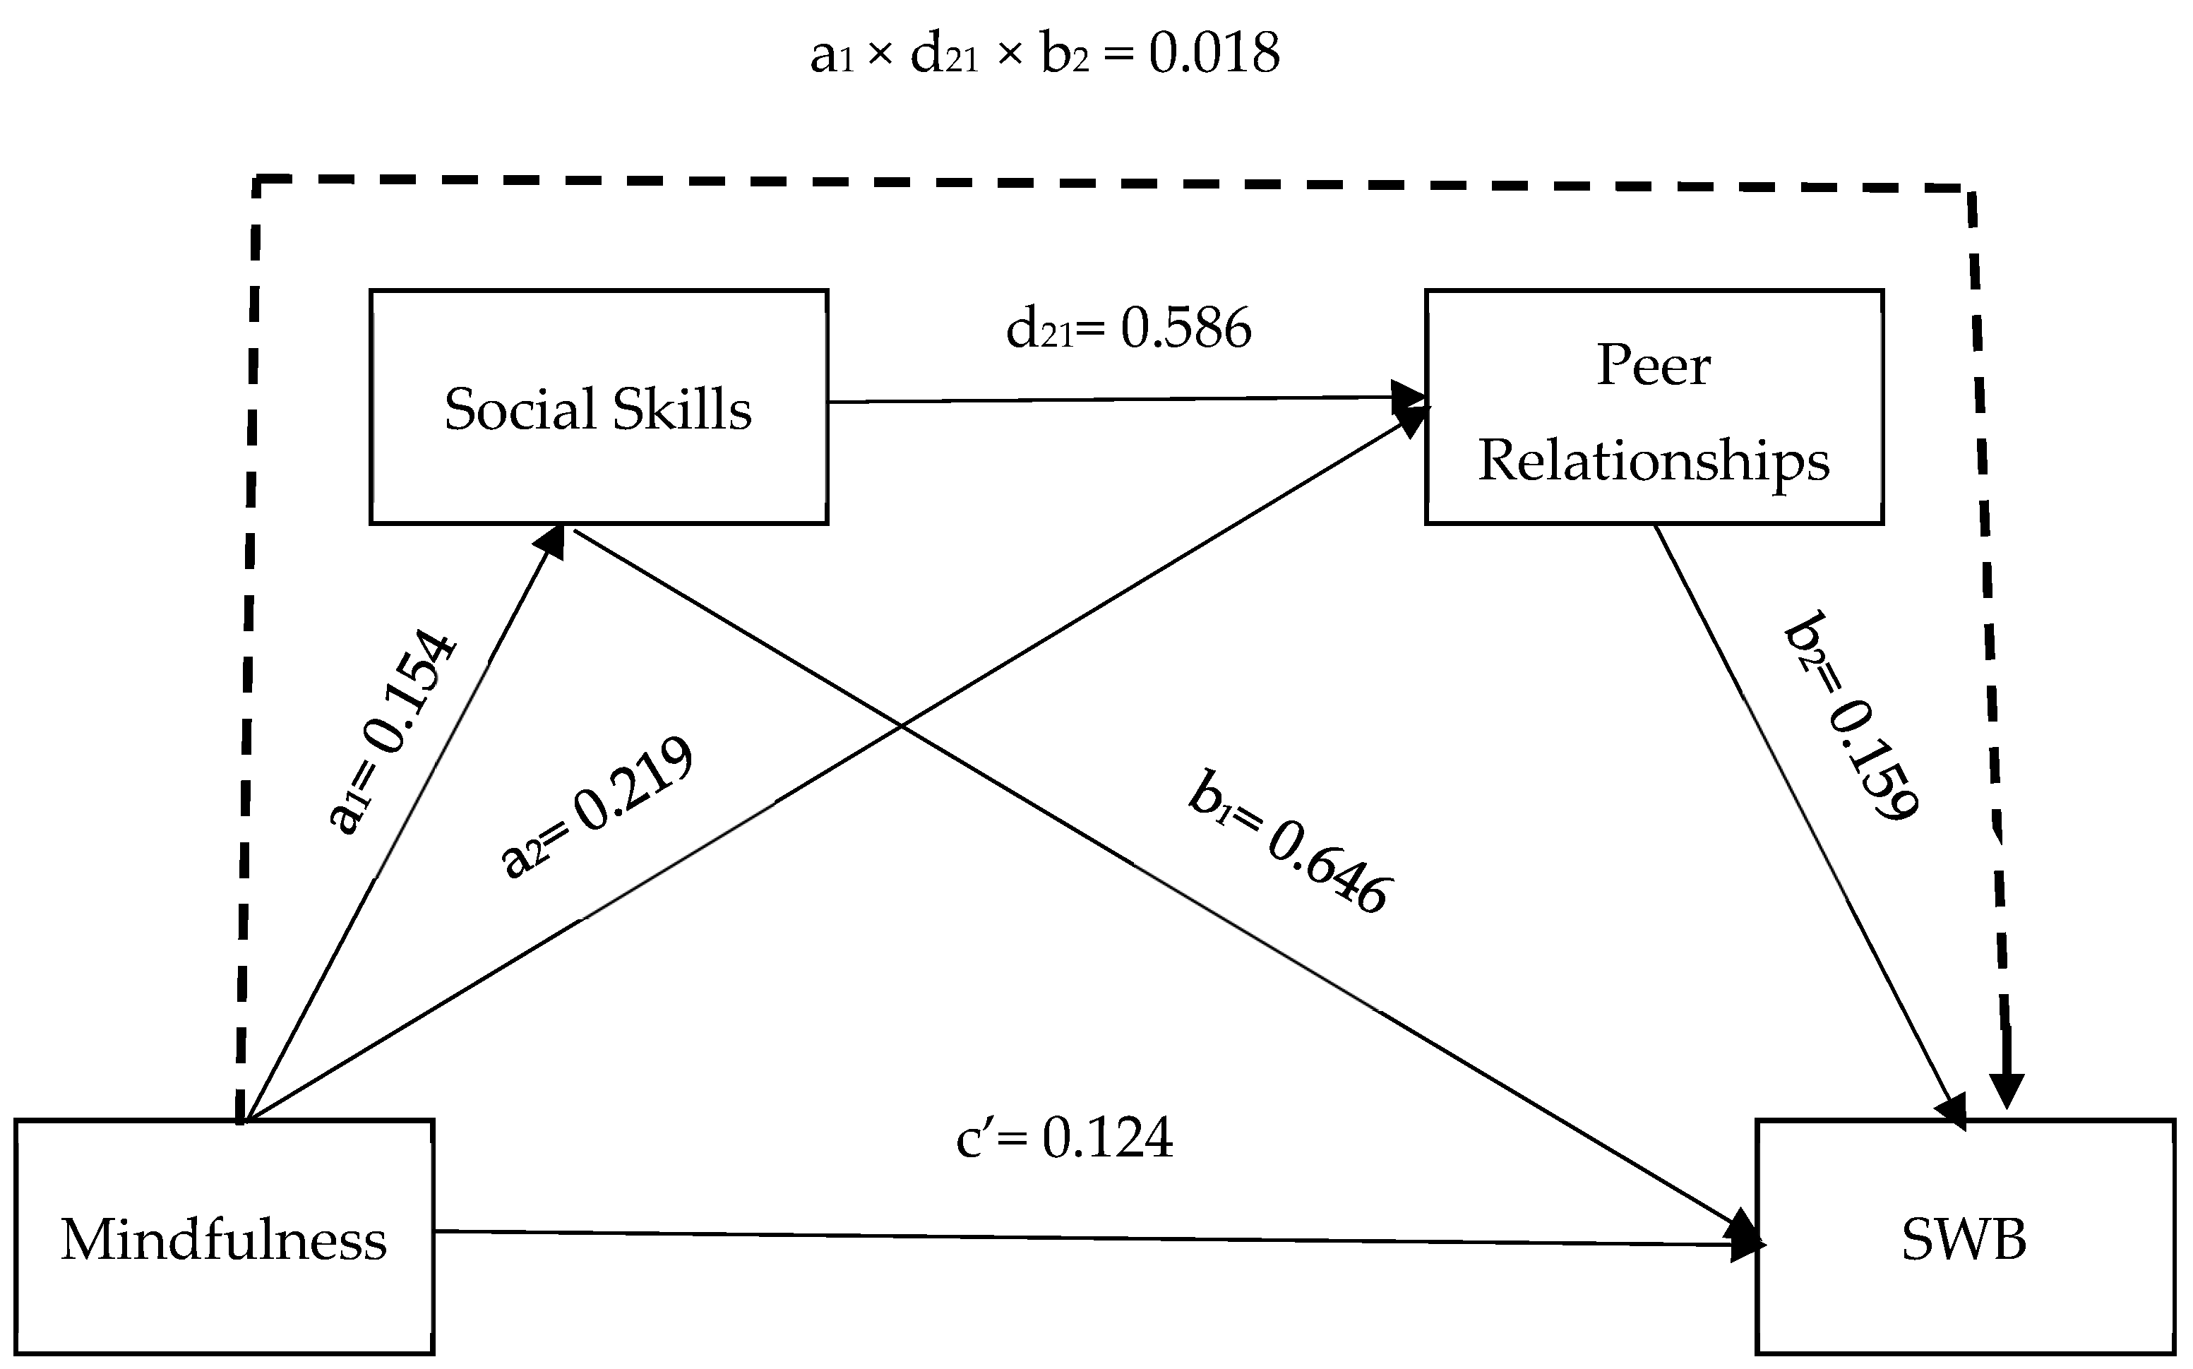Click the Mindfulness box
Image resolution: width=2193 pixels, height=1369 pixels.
coord(224,1237)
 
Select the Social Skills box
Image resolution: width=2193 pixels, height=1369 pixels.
coord(599,407)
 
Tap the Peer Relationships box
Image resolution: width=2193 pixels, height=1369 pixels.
coord(1654,407)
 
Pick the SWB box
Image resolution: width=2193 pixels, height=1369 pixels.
coord(1964,1237)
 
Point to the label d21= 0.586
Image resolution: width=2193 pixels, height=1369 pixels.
coord(1128,329)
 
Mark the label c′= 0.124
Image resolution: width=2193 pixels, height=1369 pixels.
coord(1065,1137)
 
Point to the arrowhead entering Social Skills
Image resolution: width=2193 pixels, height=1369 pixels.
coord(551,541)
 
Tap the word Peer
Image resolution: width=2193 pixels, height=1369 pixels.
coord(1654,366)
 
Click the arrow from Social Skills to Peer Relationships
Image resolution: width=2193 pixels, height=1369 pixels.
coord(1113,400)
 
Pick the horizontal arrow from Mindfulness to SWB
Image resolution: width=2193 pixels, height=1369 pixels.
coord(1087,1238)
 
